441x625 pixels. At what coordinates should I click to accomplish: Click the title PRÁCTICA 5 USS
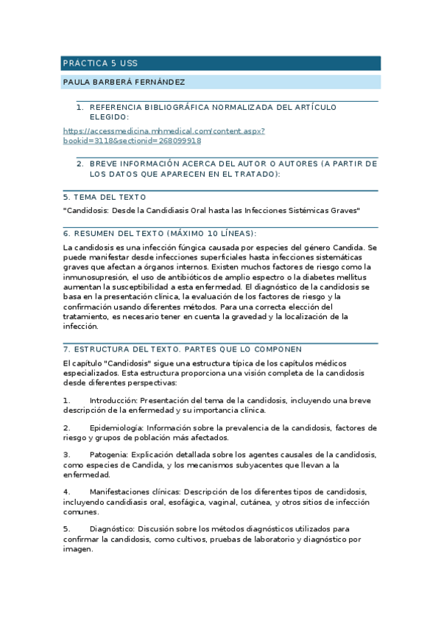click(x=99, y=63)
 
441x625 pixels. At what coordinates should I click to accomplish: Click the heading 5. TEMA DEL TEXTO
click(x=105, y=197)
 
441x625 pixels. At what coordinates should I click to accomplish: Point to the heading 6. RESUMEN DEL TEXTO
click(x=160, y=233)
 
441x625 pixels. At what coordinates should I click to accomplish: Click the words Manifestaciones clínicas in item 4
click(x=134, y=492)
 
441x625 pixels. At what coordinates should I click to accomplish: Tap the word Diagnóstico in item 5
click(x=111, y=528)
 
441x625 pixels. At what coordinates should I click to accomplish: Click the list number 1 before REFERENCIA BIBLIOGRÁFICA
click(x=80, y=108)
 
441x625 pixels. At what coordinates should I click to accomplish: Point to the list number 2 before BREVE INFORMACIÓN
click(x=80, y=164)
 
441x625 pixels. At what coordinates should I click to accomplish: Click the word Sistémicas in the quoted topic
click(x=307, y=211)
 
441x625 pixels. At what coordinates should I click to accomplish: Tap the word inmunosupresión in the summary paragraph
click(x=96, y=276)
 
